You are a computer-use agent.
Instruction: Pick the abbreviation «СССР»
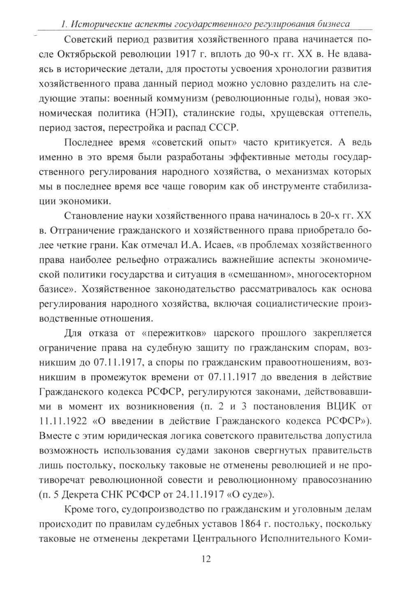click(x=224, y=127)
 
